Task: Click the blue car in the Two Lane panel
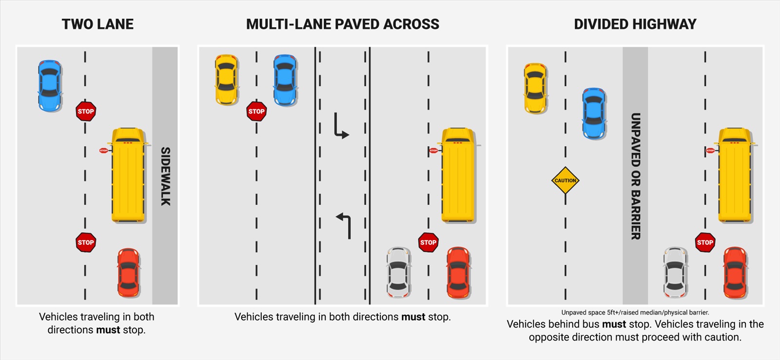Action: click(x=50, y=86)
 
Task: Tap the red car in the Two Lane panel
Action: click(x=128, y=273)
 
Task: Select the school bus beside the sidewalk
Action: click(x=128, y=175)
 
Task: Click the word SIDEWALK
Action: click(x=165, y=176)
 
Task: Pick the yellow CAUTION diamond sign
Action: click(x=565, y=180)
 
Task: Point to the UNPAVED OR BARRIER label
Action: click(x=635, y=176)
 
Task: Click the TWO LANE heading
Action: click(x=97, y=24)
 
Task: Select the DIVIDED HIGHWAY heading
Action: click(x=635, y=24)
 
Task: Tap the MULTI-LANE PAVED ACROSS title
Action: click(x=342, y=24)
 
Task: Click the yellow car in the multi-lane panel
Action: click(x=226, y=80)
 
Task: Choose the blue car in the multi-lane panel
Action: click(x=285, y=80)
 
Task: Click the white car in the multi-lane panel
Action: click(x=398, y=272)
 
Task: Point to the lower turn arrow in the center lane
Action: click(x=344, y=225)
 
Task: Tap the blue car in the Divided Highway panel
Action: click(x=594, y=114)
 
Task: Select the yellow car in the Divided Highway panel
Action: click(x=535, y=89)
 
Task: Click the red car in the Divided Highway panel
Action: click(x=735, y=272)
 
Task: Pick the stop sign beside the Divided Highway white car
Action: click(x=705, y=242)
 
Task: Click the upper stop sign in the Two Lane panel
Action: click(x=86, y=111)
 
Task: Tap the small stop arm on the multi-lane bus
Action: click(x=433, y=150)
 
